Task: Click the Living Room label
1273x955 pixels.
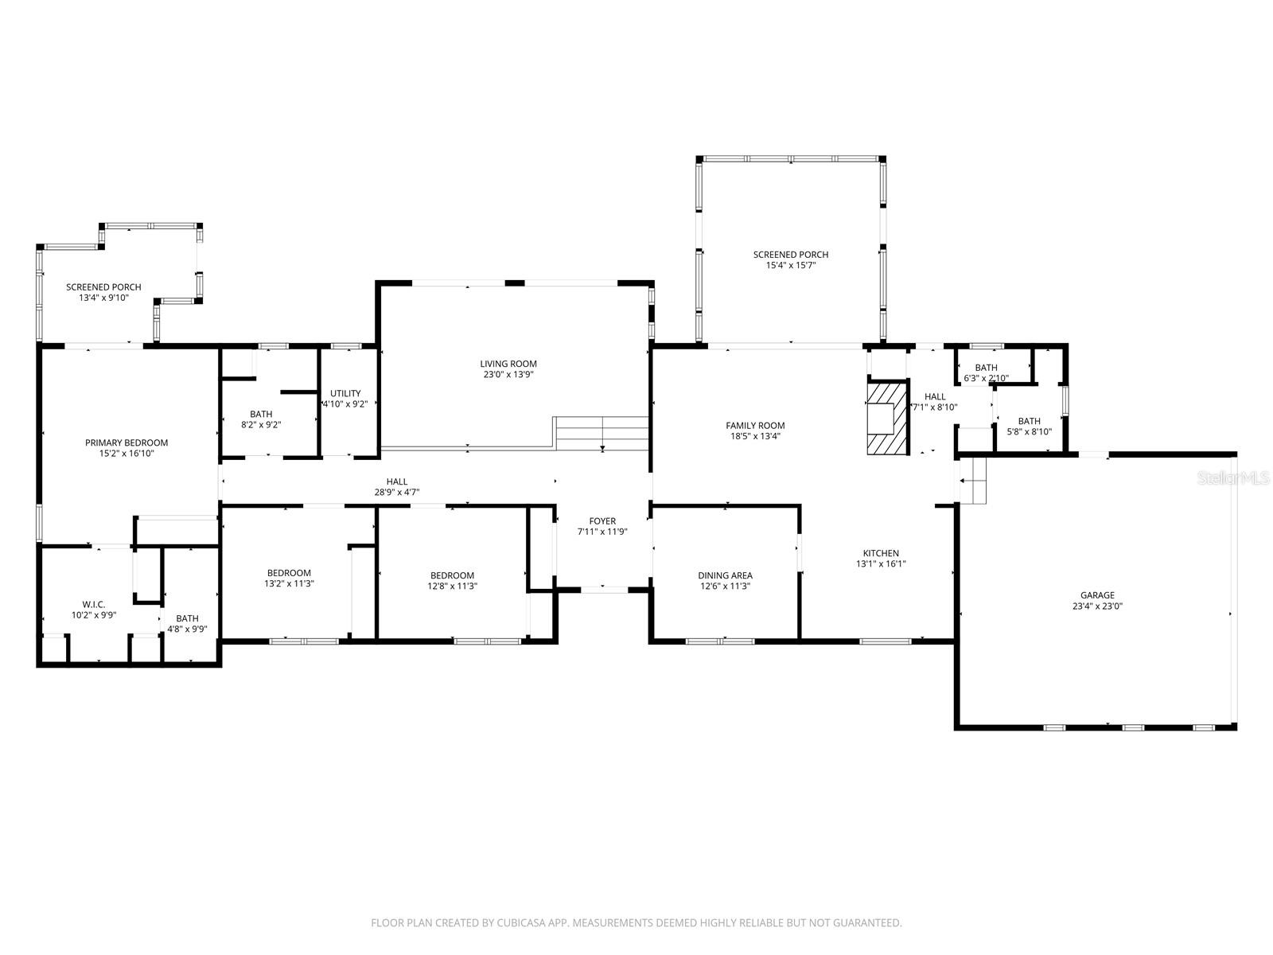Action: click(x=508, y=364)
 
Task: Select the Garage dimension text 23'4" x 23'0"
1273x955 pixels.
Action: click(x=1097, y=606)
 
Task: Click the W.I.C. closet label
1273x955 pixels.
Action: click(x=94, y=605)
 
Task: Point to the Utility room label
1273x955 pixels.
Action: click(x=345, y=393)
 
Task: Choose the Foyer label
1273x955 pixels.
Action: click(x=602, y=521)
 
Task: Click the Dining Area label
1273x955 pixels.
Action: click(x=725, y=575)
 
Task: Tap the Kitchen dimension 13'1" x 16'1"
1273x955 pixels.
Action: click(x=881, y=564)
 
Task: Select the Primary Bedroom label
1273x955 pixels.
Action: click(x=127, y=442)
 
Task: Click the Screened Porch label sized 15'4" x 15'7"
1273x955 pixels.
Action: click(x=791, y=255)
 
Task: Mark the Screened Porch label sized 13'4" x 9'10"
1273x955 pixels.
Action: click(x=103, y=287)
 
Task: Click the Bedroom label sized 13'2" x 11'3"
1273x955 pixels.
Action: click(x=289, y=573)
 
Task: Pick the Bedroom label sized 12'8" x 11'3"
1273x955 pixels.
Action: click(x=452, y=575)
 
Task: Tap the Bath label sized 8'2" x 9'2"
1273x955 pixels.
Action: click(x=261, y=414)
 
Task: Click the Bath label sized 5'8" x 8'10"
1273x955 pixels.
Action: click(x=1029, y=421)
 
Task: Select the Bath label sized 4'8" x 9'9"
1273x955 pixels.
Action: click(x=188, y=618)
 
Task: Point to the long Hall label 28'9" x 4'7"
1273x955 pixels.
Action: click(x=397, y=481)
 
